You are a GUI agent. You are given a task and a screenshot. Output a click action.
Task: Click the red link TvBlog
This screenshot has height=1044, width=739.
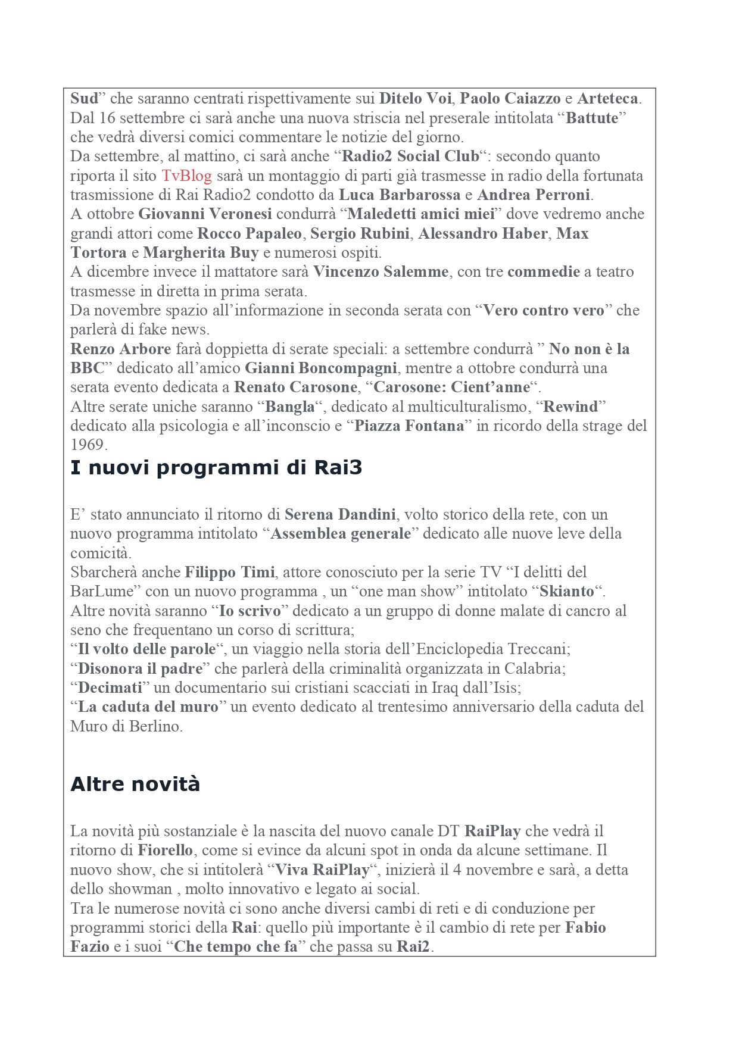pyautogui.click(x=186, y=176)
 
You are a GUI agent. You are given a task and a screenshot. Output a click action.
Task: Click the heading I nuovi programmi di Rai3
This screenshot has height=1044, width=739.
pyautogui.click(x=216, y=468)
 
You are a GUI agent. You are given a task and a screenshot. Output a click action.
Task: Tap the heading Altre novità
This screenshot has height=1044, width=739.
pyautogui.click(x=135, y=784)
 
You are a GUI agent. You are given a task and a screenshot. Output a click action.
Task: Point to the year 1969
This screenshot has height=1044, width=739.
pyautogui.click(x=88, y=445)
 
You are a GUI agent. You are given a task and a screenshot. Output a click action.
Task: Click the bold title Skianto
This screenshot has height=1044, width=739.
pyautogui.click(x=566, y=592)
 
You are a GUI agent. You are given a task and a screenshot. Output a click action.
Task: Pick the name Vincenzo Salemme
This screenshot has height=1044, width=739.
pyautogui.click(x=381, y=272)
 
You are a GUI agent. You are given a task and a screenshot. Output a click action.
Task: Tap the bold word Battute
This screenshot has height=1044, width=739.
pyautogui.click(x=592, y=118)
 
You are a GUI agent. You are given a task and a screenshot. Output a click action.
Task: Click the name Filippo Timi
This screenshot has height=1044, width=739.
pyautogui.click(x=230, y=573)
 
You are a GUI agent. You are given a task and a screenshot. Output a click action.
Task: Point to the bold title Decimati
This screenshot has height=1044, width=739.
pyautogui.click(x=110, y=688)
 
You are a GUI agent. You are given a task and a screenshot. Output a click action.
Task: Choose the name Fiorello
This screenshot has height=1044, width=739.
pyautogui.click(x=166, y=850)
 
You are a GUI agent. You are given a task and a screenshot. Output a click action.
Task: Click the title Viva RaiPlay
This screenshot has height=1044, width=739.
pyautogui.click(x=322, y=870)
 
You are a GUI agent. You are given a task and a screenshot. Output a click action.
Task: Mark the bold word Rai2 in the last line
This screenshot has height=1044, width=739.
pyautogui.click(x=413, y=947)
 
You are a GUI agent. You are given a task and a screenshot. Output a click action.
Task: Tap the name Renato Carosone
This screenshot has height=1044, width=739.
pyautogui.click(x=295, y=387)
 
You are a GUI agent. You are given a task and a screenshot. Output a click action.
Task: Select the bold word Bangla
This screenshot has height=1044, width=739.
pyautogui.click(x=289, y=407)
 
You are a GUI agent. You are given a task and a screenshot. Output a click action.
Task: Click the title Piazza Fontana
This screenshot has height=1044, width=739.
pyautogui.click(x=409, y=426)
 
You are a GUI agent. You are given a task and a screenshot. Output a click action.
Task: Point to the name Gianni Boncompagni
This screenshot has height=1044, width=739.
pyautogui.click(x=321, y=368)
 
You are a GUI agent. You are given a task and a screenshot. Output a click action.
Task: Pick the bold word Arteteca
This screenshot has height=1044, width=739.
pyautogui.click(x=607, y=99)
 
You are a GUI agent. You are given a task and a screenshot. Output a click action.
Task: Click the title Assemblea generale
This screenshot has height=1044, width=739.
pyautogui.click(x=341, y=534)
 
